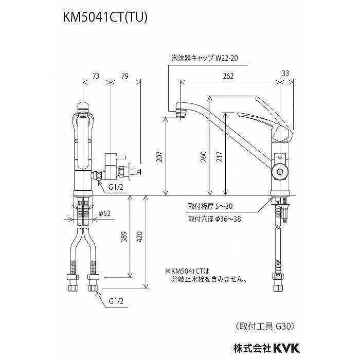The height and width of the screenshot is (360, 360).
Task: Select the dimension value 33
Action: point(285,73)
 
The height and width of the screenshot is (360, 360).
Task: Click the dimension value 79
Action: point(123,76)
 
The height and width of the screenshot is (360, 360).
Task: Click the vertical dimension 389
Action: point(123,237)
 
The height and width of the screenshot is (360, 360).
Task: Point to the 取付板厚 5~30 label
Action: point(211,207)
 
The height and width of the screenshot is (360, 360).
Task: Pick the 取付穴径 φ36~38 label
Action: point(214,218)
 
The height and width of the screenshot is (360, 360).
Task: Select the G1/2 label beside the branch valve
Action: point(116,187)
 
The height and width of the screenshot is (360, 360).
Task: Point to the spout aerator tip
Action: point(178,113)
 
